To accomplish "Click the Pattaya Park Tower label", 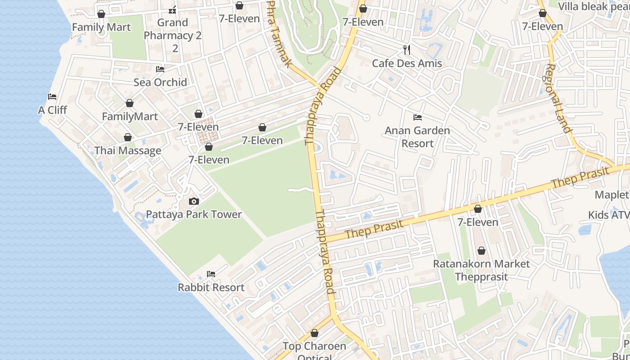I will coord(194,214).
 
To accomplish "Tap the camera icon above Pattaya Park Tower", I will coord(194,201).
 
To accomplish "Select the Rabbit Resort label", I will coord(211,287).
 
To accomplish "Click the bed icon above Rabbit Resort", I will coord(211,274).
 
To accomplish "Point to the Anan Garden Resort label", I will coord(417,137).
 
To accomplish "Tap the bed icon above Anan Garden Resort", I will coord(418,117).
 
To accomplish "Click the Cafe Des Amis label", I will coord(407,63).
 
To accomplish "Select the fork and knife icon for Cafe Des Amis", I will coord(407,49).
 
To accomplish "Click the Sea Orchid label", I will coord(160,82).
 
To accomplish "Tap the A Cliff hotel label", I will coord(52,110).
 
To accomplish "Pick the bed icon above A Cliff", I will coord(52,97).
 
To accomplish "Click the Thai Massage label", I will coord(128,150).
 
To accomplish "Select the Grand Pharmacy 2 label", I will coord(173,36).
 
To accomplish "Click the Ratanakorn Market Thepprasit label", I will coord(481,270).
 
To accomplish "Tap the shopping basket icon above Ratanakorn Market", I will coord(481,251).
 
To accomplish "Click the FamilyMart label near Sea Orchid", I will coord(130,117).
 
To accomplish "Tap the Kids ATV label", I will coord(608,215).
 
